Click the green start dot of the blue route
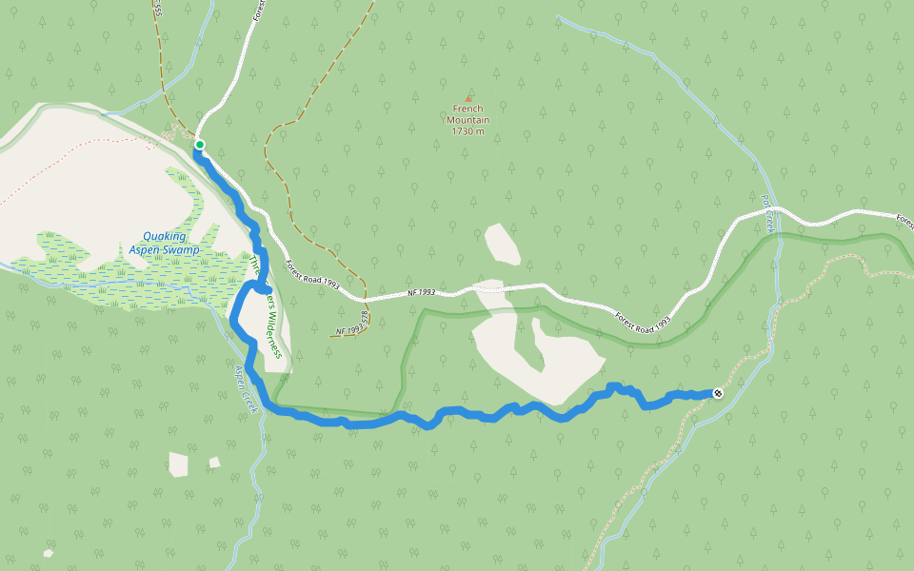[200, 145]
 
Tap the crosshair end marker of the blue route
[718, 393]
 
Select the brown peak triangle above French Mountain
[468, 98]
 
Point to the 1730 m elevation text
[468, 131]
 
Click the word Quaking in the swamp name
[165, 236]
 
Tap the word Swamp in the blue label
[182, 250]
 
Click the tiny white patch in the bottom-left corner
[49, 553]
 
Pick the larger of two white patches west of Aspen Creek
[178, 464]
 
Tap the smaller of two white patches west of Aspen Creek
[214, 463]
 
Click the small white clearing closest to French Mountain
[502, 244]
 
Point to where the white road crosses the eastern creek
[776, 208]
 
